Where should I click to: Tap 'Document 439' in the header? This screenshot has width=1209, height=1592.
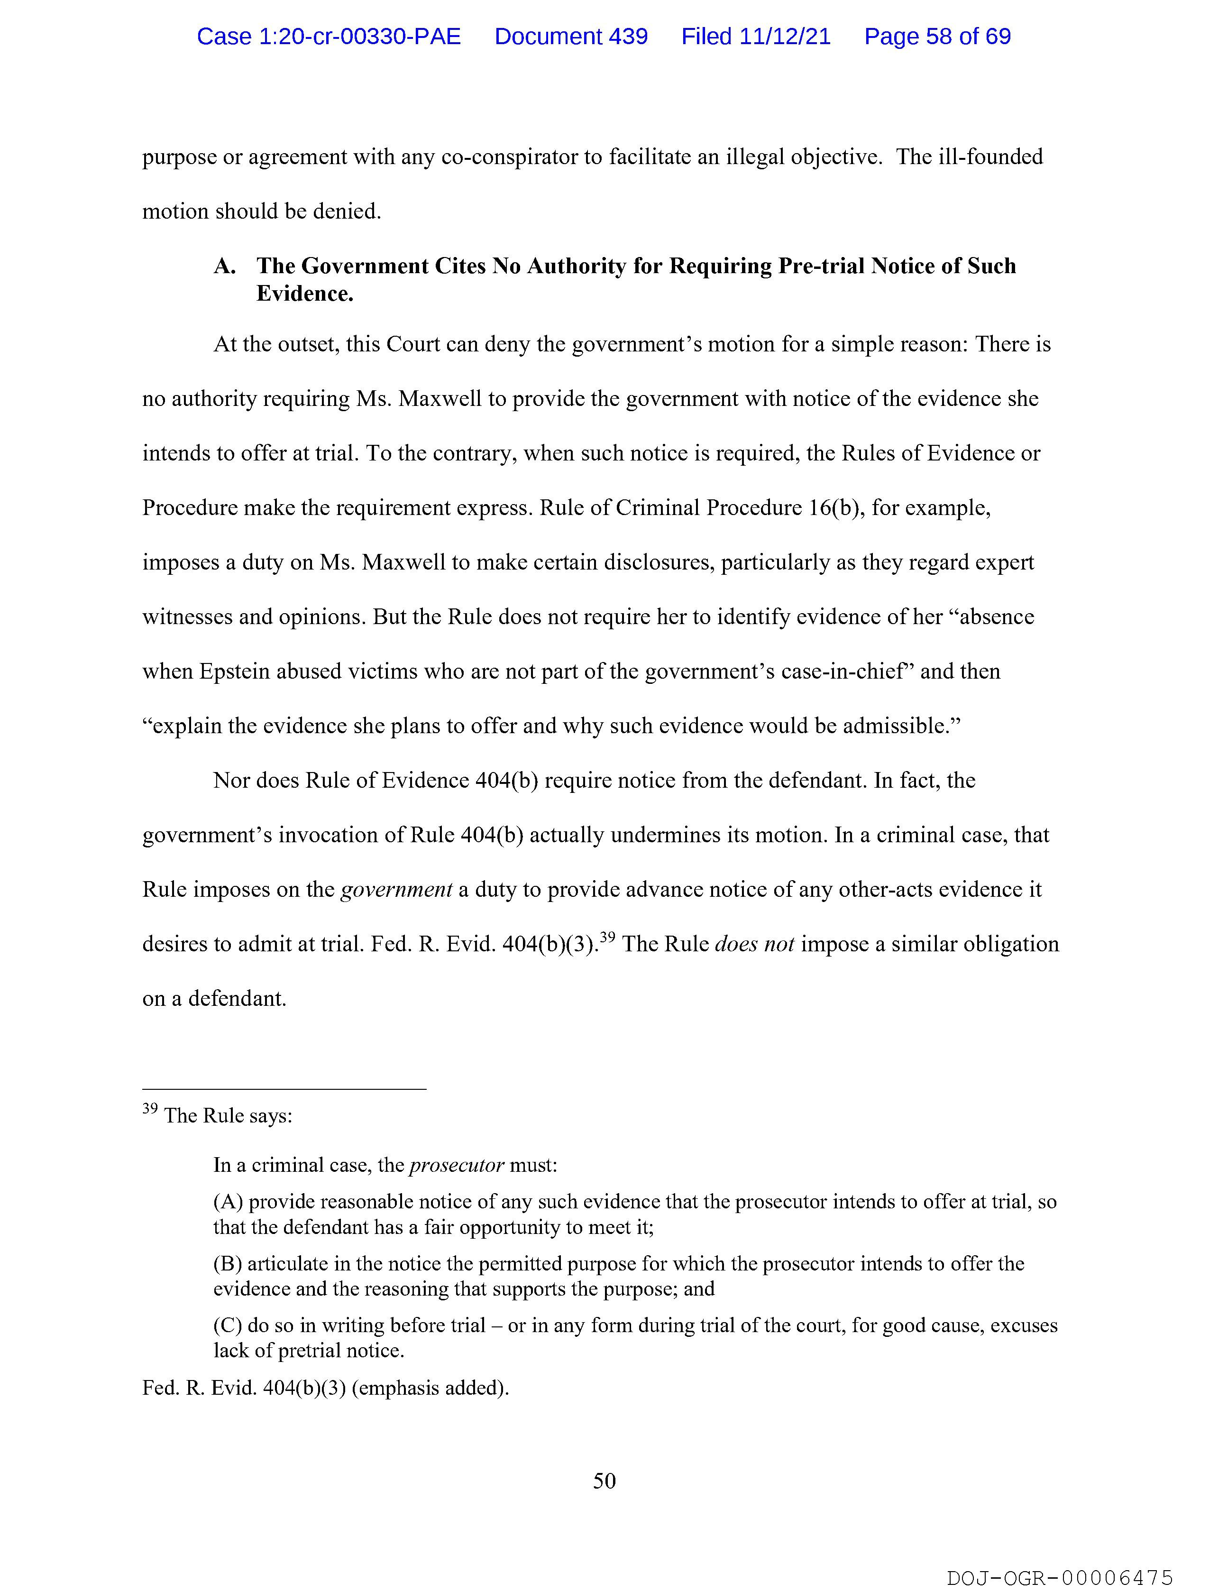coord(571,37)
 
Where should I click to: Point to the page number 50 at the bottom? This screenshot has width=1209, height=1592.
coord(604,1481)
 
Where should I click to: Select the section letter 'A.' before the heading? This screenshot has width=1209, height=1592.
coord(225,267)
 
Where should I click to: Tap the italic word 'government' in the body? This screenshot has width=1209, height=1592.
coord(396,890)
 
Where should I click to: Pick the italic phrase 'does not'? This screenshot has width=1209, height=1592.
coord(754,944)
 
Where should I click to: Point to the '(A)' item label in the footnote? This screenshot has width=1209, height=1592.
coord(228,1201)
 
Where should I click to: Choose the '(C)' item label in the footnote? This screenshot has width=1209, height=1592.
coord(228,1325)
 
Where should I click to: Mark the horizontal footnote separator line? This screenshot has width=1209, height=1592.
coord(284,1089)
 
